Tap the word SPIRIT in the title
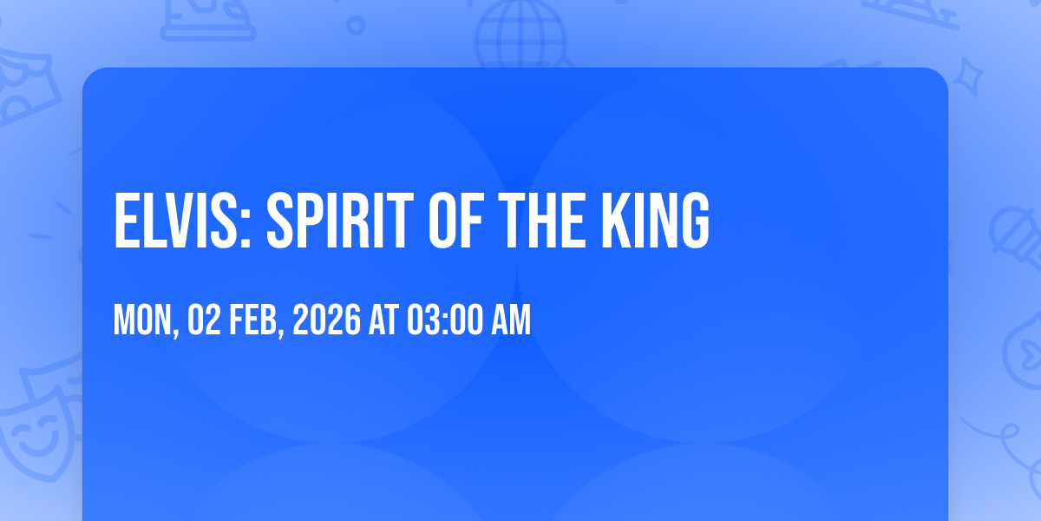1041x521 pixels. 340,221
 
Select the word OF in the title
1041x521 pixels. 456,221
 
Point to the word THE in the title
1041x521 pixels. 542,221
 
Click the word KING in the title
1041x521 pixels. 655,221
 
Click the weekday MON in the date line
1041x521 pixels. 142,320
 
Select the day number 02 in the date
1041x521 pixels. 204,320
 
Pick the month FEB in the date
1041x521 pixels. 253,320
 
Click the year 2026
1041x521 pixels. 327,320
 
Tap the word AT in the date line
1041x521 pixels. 383,320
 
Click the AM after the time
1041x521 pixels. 511,320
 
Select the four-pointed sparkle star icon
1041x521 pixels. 967,76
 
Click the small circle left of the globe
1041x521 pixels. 356,25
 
